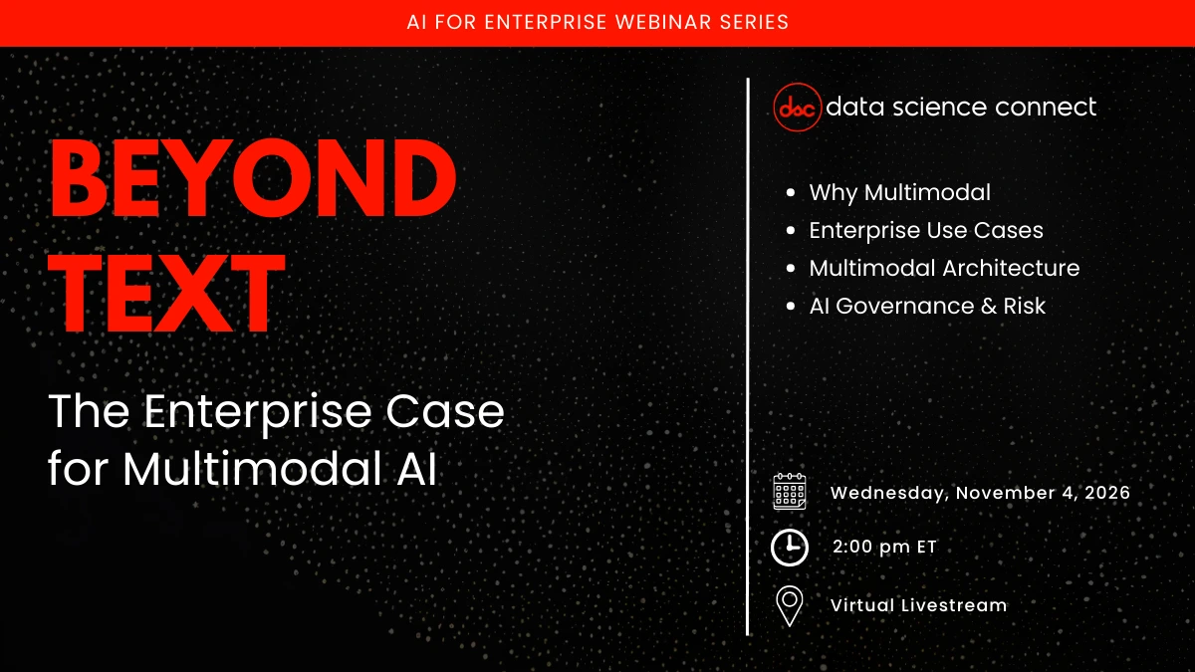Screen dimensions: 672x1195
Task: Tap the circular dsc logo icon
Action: (798, 107)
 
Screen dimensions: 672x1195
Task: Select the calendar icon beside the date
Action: (790, 492)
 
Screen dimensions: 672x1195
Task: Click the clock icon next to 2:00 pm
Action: (790, 548)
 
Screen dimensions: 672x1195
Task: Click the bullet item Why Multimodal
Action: (899, 192)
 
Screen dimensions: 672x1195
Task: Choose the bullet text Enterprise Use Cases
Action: (925, 230)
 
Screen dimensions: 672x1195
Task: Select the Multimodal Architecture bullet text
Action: (944, 268)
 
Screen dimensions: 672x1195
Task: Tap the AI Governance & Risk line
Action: (927, 306)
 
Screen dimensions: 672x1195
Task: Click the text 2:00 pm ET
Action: (884, 548)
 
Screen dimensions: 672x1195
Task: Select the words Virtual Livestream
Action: (918, 605)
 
